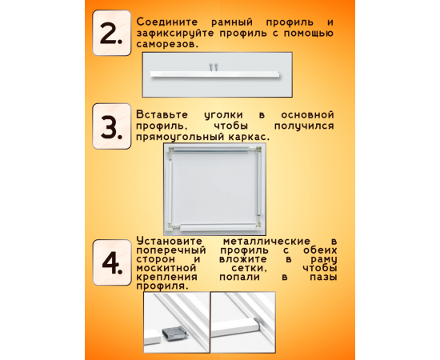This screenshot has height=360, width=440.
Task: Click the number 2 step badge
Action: pos(112,33)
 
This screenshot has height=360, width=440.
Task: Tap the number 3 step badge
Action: pos(112,126)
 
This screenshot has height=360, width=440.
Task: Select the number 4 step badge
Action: pos(112,262)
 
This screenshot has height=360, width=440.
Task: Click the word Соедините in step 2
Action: pos(167,22)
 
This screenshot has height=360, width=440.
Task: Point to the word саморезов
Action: pos(167,44)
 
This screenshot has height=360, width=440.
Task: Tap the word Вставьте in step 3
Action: pos(162,114)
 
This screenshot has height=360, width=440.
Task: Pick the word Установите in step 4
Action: pos(170,241)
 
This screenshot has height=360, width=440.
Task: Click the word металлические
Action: pos(266,241)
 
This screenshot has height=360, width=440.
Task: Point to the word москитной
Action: pos(166,268)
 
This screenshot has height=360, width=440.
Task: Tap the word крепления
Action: pos(166,278)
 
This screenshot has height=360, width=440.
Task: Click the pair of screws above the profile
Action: pos(214,67)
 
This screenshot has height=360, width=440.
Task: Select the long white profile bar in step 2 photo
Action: pos(215,74)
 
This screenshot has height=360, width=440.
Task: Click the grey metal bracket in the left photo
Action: pos(174,333)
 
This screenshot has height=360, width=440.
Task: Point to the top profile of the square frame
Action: pos(210,150)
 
